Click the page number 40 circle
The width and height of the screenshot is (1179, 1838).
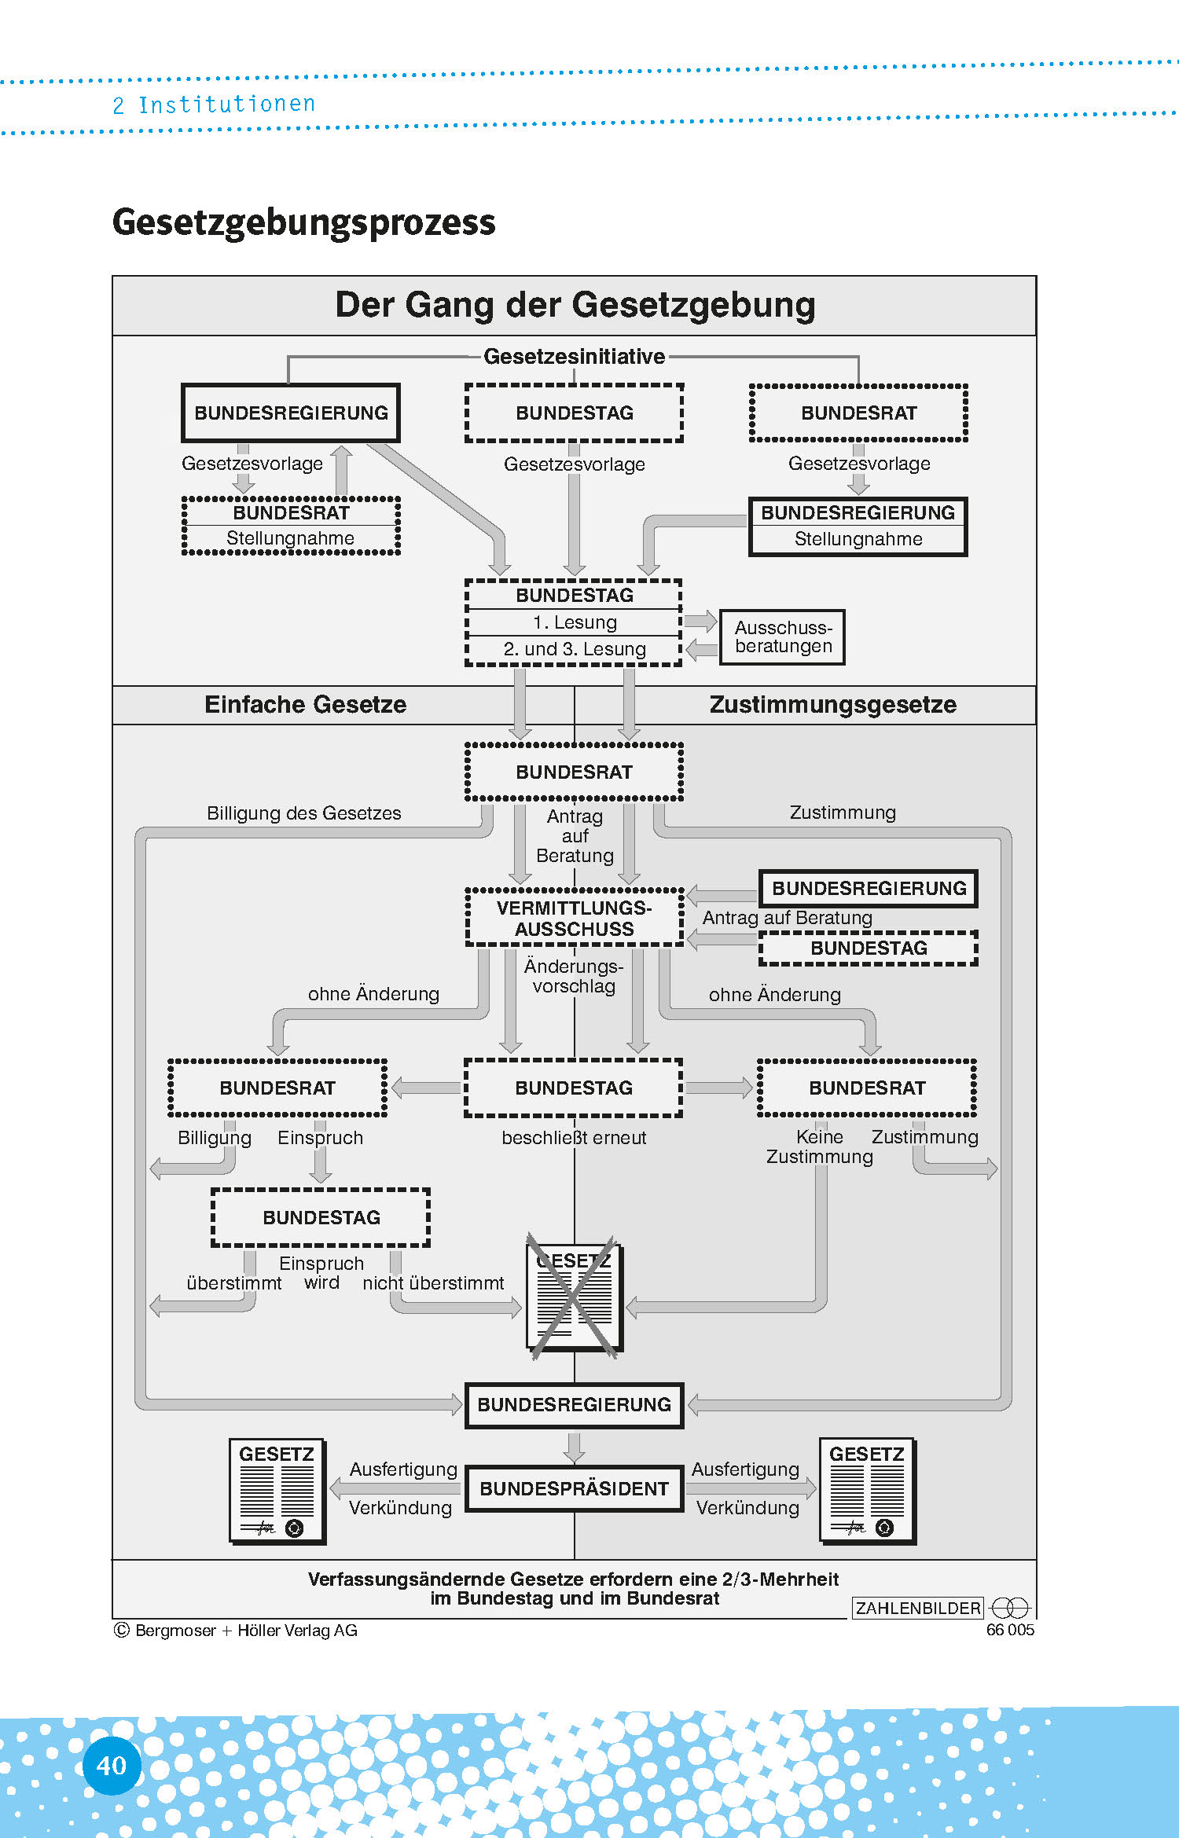point(111,1765)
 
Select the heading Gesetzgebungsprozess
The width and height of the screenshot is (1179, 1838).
point(303,222)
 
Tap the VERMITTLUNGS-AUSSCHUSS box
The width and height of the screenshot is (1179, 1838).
point(575,918)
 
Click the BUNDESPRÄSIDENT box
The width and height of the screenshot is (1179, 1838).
point(574,1488)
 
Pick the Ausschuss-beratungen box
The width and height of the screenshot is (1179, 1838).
point(783,637)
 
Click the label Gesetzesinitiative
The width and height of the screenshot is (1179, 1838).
point(574,357)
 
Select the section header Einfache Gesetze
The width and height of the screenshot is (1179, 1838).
point(305,704)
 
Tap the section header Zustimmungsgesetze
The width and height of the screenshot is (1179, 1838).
point(832,704)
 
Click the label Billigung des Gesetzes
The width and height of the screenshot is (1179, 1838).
point(303,813)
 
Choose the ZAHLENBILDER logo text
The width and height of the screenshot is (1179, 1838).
point(917,1608)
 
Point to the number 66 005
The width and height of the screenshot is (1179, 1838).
point(1010,1630)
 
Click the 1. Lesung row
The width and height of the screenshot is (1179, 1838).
point(575,622)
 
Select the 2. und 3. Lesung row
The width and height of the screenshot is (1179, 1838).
point(575,649)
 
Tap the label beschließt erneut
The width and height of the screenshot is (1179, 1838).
point(574,1138)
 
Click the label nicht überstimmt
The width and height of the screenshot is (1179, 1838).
point(433,1283)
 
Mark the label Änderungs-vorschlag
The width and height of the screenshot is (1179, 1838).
point(574,976)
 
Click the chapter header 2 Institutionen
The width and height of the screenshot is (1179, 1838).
point(214,105)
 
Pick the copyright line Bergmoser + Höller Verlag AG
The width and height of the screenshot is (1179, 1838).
point(236,1631)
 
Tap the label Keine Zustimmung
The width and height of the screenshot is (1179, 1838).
point(819,1147)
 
